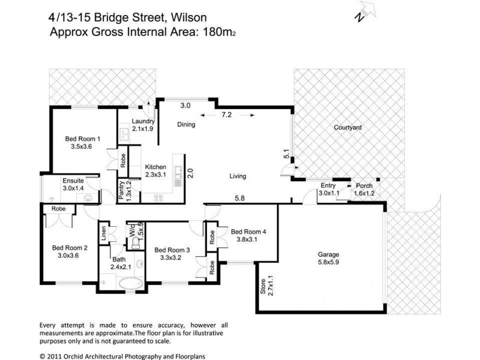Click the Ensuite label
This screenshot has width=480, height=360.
click(x=74, y=180)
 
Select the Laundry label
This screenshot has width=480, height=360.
click(x=143, y=121)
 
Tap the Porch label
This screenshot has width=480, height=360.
click(x=364, y=186)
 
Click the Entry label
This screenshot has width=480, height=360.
click(x=328, y=186)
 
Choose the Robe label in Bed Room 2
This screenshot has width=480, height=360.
click(x=58, y=209)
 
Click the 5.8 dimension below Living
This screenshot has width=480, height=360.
click(x=240, y=198)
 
